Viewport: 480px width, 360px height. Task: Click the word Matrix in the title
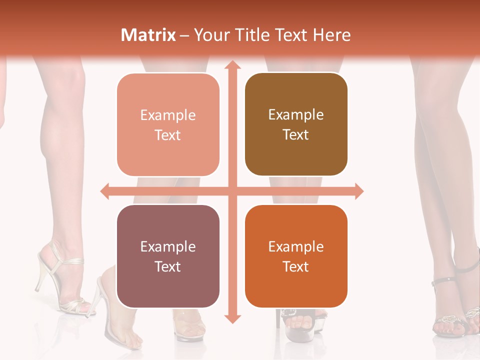click(x=148, y=35)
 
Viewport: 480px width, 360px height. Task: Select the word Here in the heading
click(x=332, y=35)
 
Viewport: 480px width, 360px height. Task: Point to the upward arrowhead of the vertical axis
click(x=232, y=65)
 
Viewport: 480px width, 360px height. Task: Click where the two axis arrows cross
click(x=232, y=191)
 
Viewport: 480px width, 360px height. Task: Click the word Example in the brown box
click(x=296, y=115)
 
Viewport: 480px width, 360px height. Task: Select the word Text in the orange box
click(x=296, y=266)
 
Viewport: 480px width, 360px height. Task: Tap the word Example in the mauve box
click(x=168, y=247)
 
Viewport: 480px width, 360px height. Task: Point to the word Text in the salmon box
click(x=168, y=135)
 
